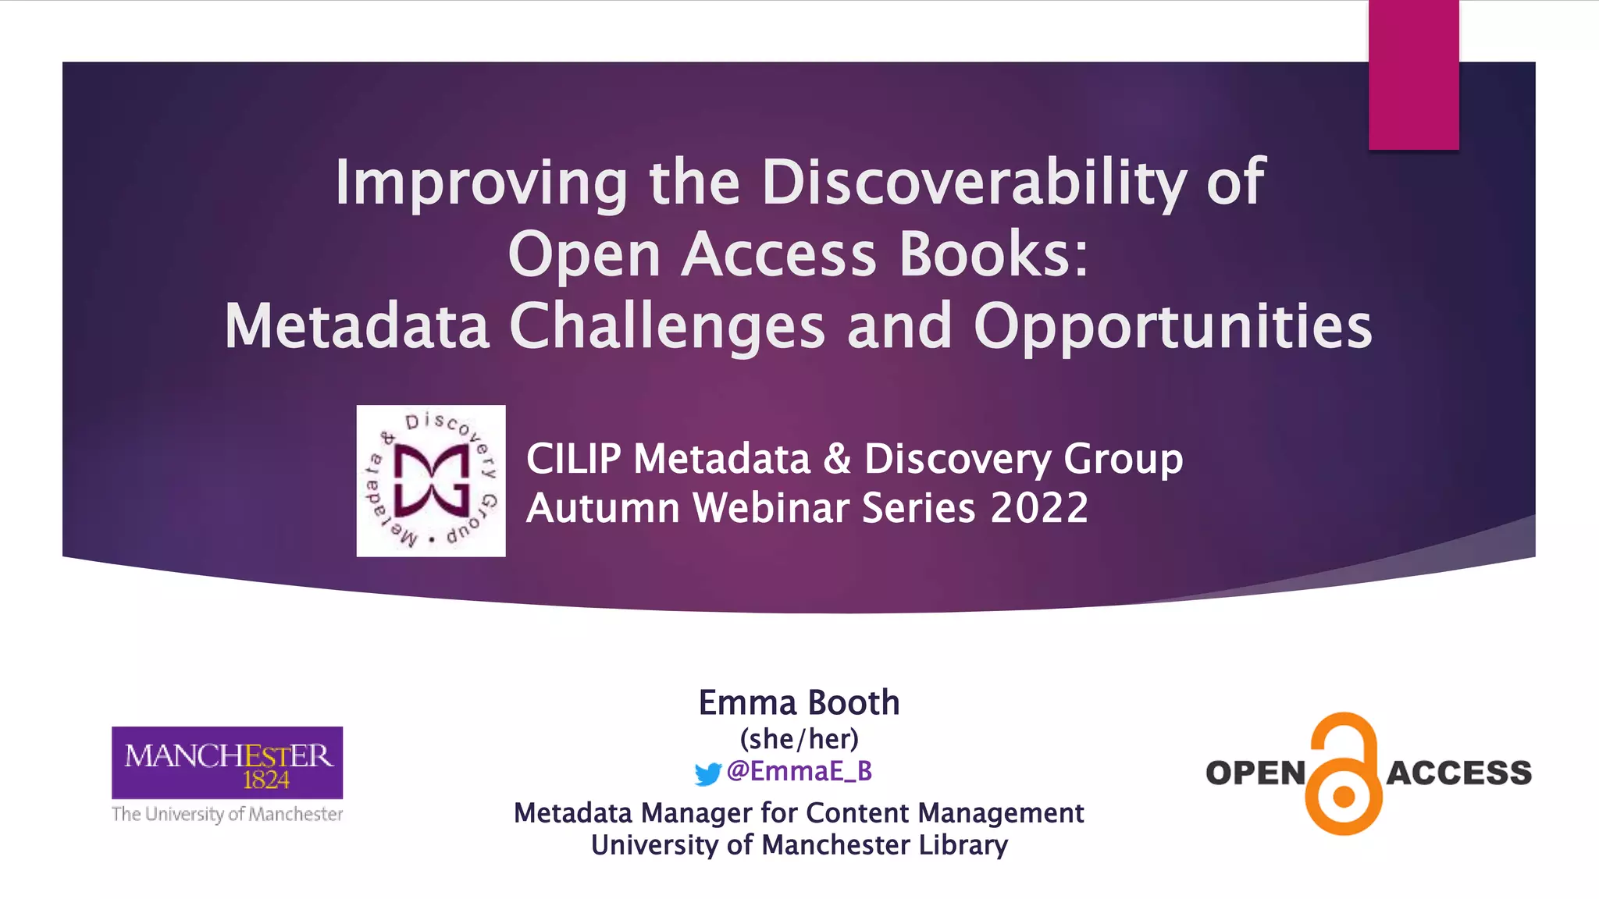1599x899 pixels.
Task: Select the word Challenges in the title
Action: [x=667, y=326]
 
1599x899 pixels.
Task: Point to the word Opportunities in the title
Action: [x=1173, y=326]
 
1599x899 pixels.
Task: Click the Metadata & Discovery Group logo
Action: [x=431, y=481]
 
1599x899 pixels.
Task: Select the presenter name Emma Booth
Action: [x=799, y=702]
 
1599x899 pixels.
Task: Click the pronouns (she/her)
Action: [x=799, y=738]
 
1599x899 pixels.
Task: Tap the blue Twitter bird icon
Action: [x=707, y=773]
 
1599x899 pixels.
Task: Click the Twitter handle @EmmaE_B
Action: [x=799, y=771]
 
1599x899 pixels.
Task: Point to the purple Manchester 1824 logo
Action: [x=227, y=762]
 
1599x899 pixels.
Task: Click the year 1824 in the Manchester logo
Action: [x=265, y=780]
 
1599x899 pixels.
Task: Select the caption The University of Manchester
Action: [x=227, y=814]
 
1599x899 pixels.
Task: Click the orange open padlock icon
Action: [x=1344, y=774]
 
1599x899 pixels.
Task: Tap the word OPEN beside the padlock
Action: [x=1255, y=773]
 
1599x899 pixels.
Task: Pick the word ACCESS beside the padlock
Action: [x=1458, y=773]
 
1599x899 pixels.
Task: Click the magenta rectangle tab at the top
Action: [x=1413, y=75]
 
